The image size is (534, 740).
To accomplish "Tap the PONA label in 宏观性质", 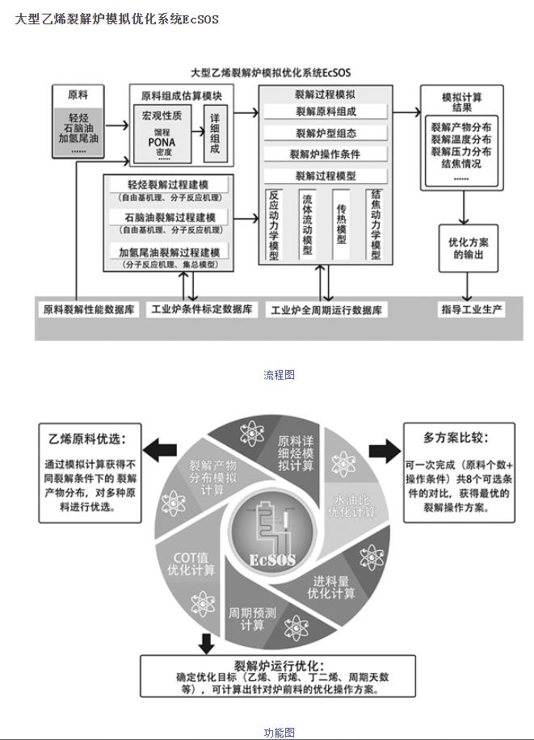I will click(x=162, y=142).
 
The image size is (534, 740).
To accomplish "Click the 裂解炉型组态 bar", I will click(x=325, y=133).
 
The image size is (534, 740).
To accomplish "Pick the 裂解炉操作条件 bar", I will click(x=325, y=153).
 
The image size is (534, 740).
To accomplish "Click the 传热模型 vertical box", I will click(x=341, y=225).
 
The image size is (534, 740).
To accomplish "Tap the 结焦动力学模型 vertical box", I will click(x=375, y=225).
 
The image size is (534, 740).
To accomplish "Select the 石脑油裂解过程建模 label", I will click(x=170, y=217).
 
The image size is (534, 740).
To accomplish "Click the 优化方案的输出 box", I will click(x=468, y=248).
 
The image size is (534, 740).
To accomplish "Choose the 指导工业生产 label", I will click(x=473, y=309).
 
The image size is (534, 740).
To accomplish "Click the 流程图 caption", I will click(x=279, y=374).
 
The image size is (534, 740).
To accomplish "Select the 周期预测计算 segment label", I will click(x=252, y=618).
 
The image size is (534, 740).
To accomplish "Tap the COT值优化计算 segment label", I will click(x=194, y=564).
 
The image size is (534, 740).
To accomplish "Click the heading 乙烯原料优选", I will click(x=89, y=439).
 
